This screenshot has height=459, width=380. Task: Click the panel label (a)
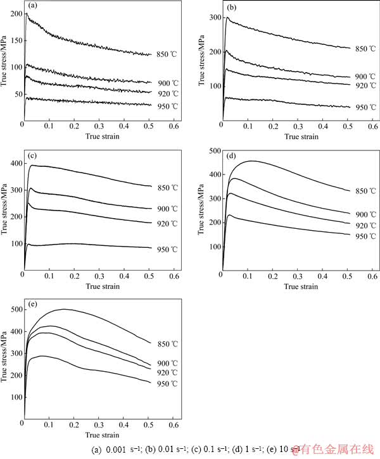(x=30, y=8)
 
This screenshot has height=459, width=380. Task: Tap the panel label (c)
(x=30, y=156)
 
